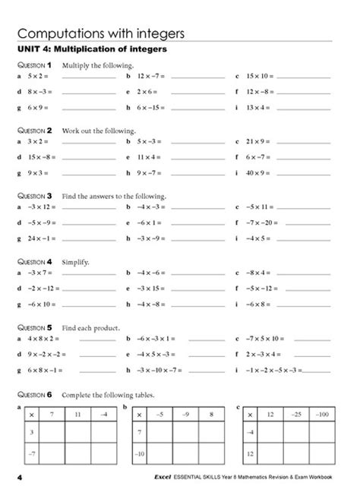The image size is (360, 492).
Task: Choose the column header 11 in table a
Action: (77, 415)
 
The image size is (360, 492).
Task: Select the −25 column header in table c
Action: (296, 415)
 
